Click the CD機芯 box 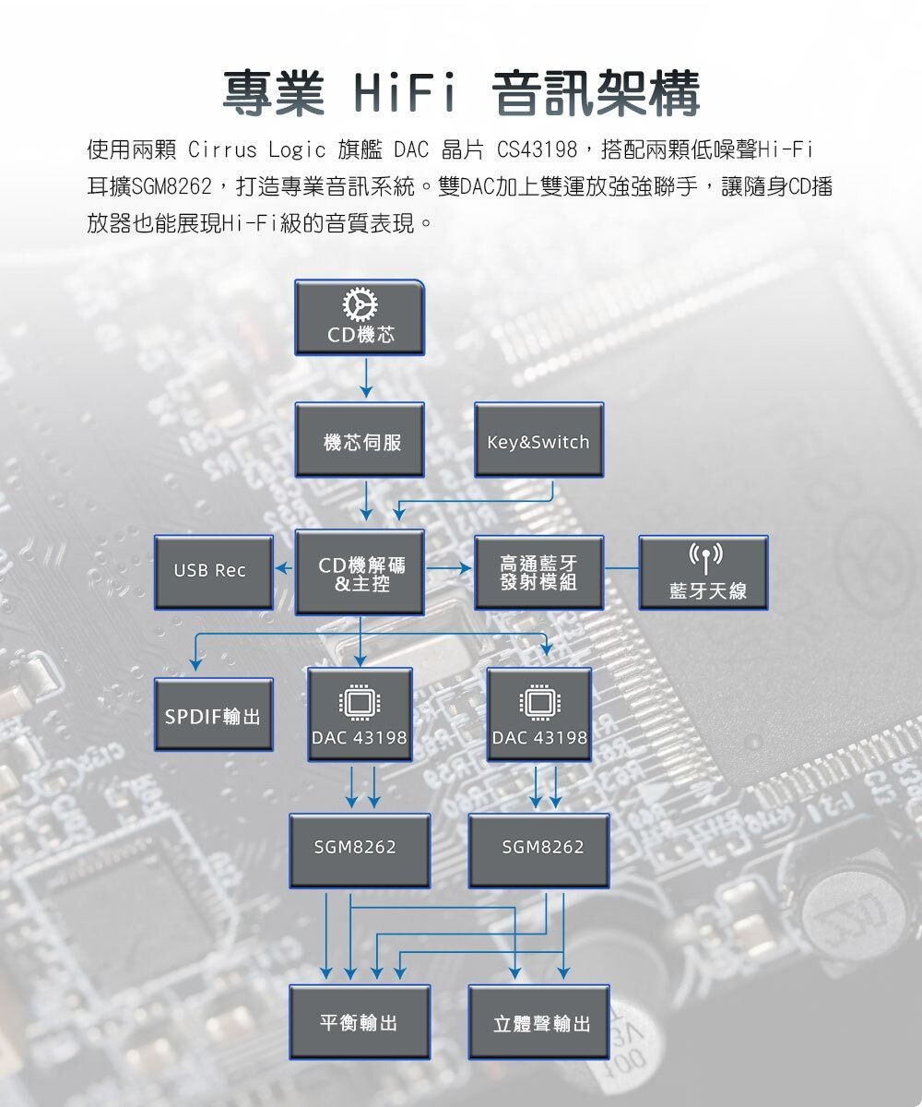point(360,317)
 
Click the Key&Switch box point(538,440)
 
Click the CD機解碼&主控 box point(360,573)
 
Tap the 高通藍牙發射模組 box point(538,573)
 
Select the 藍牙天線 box point(703,573)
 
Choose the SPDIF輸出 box point(213,716)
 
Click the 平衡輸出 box point(360,1021)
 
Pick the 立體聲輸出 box point(538,1021)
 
